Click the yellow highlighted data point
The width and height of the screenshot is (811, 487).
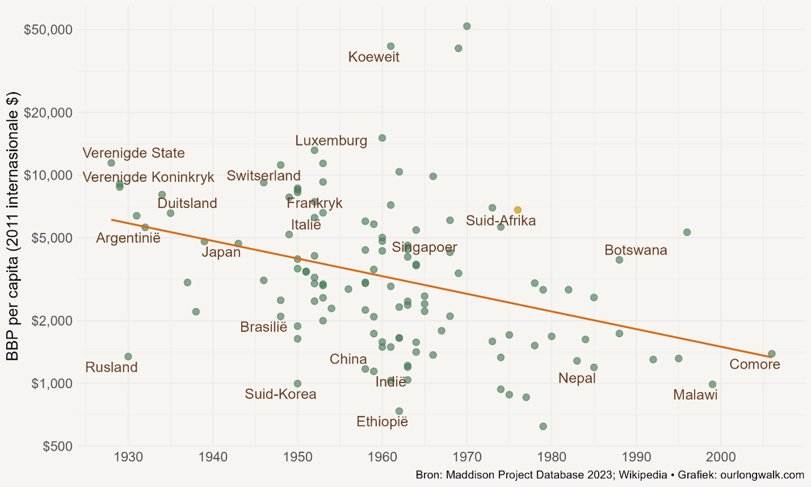518,210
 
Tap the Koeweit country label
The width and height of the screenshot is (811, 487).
374,57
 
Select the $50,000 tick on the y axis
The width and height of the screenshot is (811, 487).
48,30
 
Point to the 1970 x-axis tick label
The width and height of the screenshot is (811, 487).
467,457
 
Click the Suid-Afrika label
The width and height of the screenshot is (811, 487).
501,221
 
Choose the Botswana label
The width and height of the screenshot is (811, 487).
636,250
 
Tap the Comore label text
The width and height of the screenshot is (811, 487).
754,364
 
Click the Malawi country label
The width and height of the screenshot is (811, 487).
695,395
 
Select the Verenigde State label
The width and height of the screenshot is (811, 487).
134,153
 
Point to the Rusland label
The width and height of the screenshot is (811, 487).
112,367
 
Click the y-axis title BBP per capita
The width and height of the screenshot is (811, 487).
12,225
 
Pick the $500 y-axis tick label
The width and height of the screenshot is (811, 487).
57,446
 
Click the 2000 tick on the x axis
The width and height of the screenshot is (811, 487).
721,457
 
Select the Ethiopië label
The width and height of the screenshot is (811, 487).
382,422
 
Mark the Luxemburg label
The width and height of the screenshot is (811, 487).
331,141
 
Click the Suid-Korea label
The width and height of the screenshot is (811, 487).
281,394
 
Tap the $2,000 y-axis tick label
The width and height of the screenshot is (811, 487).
52,321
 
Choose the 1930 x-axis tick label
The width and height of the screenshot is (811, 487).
128,457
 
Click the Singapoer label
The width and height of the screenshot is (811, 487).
424,247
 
